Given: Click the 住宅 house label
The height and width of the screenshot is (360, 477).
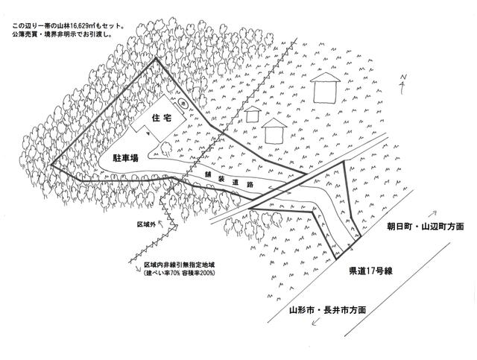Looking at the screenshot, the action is (161, 118).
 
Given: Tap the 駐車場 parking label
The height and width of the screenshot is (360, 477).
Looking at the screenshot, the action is (126, 158).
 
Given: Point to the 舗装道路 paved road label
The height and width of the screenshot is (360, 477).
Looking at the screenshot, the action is (230, 180).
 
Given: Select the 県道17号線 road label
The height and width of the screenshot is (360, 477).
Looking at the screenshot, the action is (371, 271).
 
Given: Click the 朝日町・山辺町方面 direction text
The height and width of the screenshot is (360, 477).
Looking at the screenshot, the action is (426, 227).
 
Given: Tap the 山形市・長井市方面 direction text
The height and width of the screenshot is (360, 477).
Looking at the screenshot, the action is (327, 310).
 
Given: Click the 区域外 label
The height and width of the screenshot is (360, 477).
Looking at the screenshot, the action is (146, 224).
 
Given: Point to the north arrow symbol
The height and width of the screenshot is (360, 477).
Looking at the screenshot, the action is (403, 83).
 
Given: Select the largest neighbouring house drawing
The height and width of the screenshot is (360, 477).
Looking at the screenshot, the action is (325, 87).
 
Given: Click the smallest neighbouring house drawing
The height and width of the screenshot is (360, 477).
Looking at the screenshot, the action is (253, 114).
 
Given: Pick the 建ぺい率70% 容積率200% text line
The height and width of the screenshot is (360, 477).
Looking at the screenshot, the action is (180, 273).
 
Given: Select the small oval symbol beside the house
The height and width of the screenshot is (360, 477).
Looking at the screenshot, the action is (183, 104).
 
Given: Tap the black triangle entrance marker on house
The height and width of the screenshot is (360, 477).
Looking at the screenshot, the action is (148, 133).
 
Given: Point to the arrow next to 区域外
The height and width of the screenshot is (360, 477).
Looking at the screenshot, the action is (161, 224).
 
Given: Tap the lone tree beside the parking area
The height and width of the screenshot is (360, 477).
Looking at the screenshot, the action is (166, 148).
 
